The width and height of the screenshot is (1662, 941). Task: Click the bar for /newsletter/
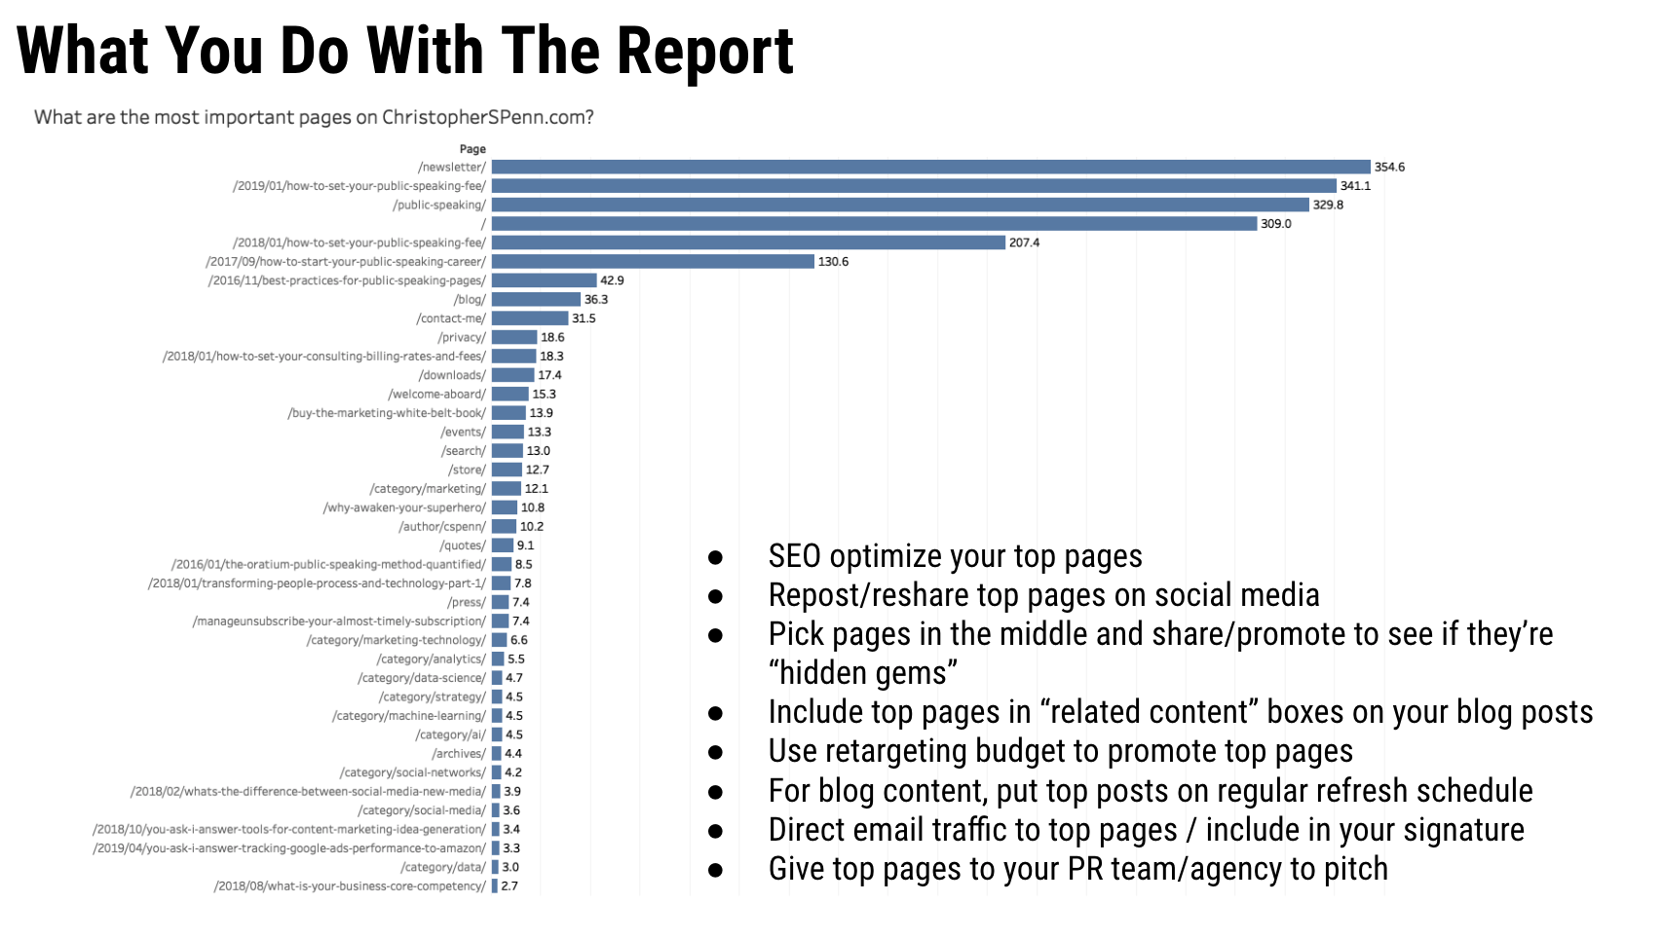click(x=930, y=168)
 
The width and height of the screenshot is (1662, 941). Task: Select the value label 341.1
click(x=1355, y=186)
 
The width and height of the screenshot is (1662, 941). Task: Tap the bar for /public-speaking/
click(x=900, y=205)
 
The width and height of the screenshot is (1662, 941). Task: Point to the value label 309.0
click(x=1276, y=224)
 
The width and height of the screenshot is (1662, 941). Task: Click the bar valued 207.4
click(x=748, y=243)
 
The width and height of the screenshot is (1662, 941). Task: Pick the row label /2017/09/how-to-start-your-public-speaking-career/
click(x=346, y=262)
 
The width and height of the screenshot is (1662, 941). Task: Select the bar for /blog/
click(x=536, y=300)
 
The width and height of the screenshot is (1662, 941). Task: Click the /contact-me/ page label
click(x=451, y=319)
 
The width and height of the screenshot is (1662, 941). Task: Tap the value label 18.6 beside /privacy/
click(x=552, y=338)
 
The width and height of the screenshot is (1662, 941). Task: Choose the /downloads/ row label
click(x=452, y=375)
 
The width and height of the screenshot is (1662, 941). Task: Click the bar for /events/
click(x=508, y=433)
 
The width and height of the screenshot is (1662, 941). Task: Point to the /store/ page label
click(x=467, y=470)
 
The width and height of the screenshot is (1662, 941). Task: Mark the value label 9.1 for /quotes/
click(x=525, y=546)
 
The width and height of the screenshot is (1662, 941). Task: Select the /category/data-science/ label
click(x=421, y=678)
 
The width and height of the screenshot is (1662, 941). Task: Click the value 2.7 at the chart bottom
click(x=510, y=886)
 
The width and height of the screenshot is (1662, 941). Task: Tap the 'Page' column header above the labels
click(x=472, y=149)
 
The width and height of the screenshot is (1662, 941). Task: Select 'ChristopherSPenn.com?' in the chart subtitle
click(x=487, y=118)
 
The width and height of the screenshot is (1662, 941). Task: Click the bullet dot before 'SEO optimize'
click(x=716, y=557)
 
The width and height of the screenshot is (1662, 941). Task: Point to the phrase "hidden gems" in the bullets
click(x=862, y=673)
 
